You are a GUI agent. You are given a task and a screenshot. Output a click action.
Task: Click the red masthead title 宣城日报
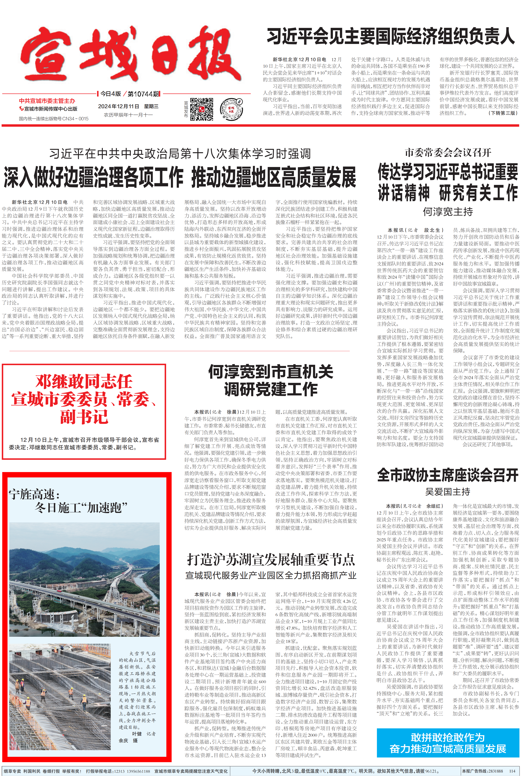point(131,55)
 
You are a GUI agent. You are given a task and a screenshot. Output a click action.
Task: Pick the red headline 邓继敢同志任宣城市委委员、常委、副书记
point(84,399)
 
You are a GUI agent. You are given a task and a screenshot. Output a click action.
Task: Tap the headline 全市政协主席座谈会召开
point(448,475)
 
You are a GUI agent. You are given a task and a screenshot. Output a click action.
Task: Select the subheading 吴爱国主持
point(448,492)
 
